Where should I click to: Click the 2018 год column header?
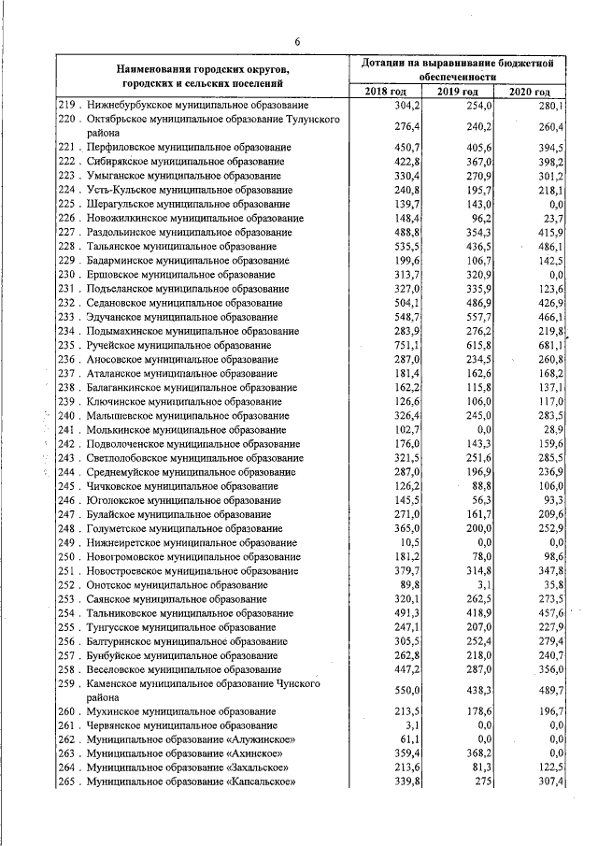pos(386,93)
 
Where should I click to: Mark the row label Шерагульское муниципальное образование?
pos(190,203)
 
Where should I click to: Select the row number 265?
pos(65,781)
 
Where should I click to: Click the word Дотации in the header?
pos(389,61)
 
